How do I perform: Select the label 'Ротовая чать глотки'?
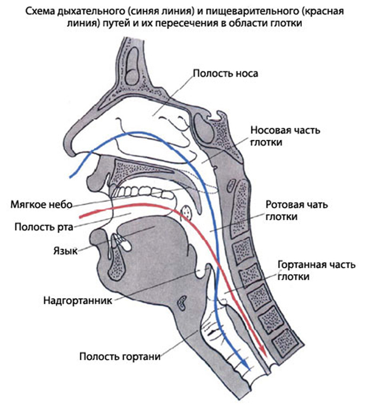pyautogui.click(x=293, y=211)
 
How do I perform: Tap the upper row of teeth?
pyautogui.click(x=138, y=189)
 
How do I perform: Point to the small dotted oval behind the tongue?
pyautogui.click(x=186, y=212)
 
